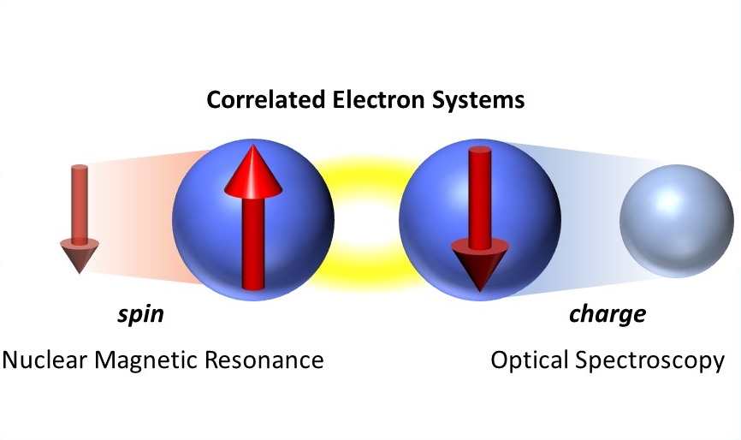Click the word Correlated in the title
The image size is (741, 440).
tap(265, 99)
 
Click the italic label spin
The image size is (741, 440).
tap(141, 314)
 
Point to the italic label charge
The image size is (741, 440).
tap(608, 315)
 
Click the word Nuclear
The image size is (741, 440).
tap(44, 360)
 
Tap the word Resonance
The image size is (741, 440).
tap(264, 360)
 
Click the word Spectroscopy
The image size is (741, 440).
tap(649, 361)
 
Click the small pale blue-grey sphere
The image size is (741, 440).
tap(677, 221)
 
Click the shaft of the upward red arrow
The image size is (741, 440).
tap(253, 242)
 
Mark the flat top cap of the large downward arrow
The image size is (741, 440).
tap(480, 151)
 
